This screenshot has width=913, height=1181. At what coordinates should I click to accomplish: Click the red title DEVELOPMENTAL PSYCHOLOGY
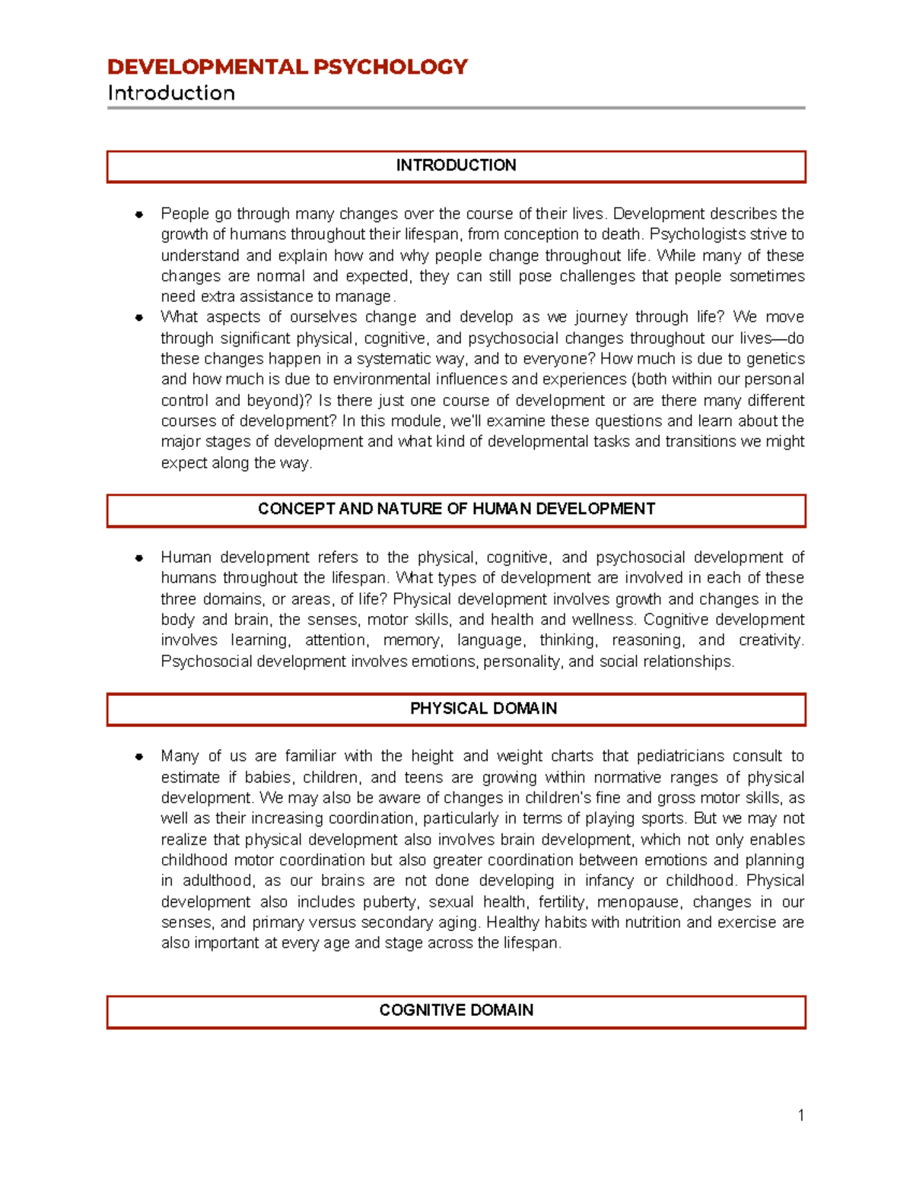pos(287,67)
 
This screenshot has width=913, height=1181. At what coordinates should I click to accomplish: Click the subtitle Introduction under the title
pos(171,94)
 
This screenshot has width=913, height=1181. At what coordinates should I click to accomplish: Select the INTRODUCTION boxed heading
pos(456,166)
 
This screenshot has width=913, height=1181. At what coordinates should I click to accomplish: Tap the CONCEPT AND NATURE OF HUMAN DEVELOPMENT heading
pos(456,510)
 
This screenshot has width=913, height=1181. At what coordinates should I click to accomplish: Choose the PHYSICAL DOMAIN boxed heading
pos(483,709)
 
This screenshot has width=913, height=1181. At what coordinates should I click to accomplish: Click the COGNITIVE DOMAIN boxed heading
pos(456,1011)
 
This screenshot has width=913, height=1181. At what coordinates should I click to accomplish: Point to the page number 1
pos(800,1116)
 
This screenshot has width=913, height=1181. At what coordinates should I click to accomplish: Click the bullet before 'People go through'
pos(139,214)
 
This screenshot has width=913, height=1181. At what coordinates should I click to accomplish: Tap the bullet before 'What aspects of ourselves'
pos(139,318)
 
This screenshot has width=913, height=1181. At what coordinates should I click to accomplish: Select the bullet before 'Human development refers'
pos(139,558)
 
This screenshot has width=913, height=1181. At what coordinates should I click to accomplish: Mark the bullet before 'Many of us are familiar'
pos(139,757)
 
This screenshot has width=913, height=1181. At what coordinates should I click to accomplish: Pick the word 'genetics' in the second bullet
pos(775,359)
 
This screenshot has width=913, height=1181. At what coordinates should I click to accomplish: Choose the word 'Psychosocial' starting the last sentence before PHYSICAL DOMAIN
pos(206,662)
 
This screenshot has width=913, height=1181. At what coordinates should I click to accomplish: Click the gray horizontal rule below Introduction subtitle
pos(456,108)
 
